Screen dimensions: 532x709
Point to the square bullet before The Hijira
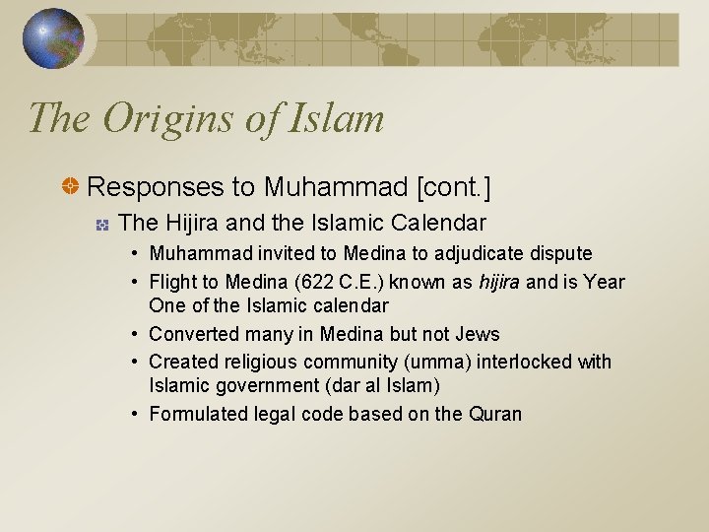pyautogui.click(x=102, y=224)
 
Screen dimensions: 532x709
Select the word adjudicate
pyautogui.click(x=476, y=254)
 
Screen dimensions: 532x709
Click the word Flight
pyautogui.click(x=171, y=282)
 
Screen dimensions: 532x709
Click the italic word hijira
pyautogui.click(x=499, y=282)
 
